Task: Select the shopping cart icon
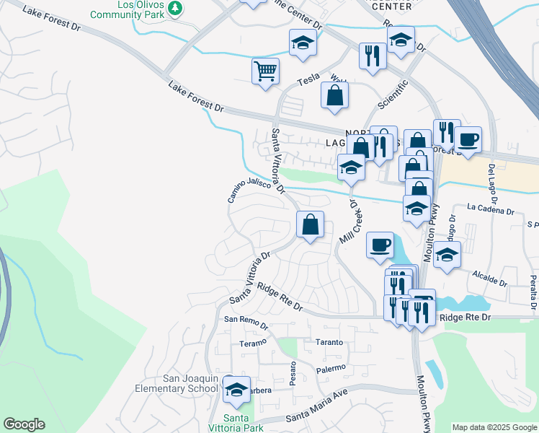(x=265, y=71)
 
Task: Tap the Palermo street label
(x=331, y=368)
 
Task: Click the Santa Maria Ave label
(x=316, y=416)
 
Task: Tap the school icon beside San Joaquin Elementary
(x=236, y=390)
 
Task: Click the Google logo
(x=24, y=424)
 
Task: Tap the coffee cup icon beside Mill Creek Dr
(x=380, y=245)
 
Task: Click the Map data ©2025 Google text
(x=494, y=427)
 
